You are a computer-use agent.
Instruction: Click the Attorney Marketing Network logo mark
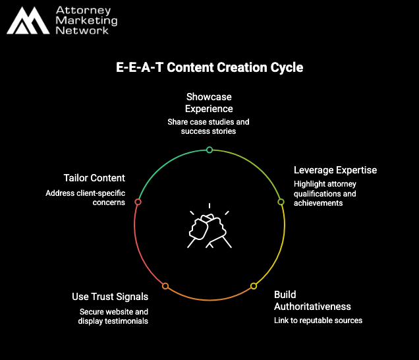[28, 22]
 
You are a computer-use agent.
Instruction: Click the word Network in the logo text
[83, 31]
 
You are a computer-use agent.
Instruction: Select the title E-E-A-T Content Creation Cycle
[209, 67]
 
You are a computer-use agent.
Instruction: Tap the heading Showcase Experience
[209, 103]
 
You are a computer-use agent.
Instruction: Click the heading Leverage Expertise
[335, 170]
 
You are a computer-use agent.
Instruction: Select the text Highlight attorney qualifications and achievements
[325, 194]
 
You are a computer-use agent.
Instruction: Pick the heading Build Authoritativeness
[312, 300]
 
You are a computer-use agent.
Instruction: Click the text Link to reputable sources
[318, 320]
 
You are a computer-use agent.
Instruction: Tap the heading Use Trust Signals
[110, 297]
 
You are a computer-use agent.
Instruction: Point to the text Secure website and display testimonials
[113, 316]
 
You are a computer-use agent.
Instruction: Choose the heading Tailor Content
[94, 178]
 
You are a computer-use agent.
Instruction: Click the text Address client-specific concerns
[85, 198]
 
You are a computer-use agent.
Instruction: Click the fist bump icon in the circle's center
[209, 227]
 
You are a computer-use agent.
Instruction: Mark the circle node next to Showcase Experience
[209, 150]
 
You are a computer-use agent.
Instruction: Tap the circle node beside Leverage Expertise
[281, 202]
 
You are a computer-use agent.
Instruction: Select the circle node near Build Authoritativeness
[254, 286]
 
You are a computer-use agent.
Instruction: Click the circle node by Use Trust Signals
[165, 286]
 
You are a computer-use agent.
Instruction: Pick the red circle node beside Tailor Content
[138, 202]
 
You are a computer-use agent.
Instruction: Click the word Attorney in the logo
[83, 11]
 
